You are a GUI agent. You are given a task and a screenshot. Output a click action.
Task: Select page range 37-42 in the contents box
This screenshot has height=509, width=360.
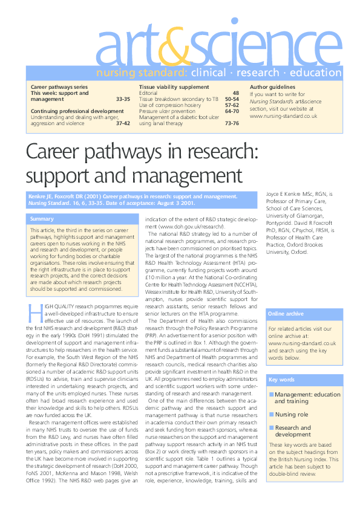tap(123, 123)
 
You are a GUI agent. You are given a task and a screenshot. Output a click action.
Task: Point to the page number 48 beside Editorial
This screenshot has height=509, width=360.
tap(236, 94)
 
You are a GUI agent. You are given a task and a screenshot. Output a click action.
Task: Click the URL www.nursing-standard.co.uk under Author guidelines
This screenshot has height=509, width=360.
tap(283, 115)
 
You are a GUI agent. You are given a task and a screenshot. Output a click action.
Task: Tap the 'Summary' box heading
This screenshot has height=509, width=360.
tap(42, 219)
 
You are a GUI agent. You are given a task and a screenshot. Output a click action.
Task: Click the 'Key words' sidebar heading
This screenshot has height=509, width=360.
tap(281, 380)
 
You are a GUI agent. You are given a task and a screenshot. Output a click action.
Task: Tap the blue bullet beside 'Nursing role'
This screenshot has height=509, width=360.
tap(272, 415)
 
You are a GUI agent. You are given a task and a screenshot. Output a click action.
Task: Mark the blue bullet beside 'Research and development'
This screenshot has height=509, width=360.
tap(272, 427)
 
